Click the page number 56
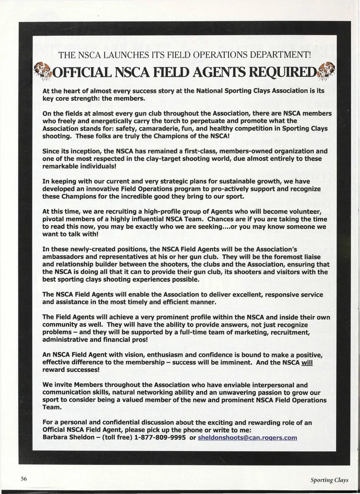pyautogui.click(x=24, y=479)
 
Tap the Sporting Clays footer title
pyautogui.click(x=329, y=480)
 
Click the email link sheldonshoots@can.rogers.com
pyautogui.click(x=247, y=438)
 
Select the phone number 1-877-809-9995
pyautogui.click(x=160, y=438)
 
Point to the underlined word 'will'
pyautogui.click(x=307, y=362)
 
